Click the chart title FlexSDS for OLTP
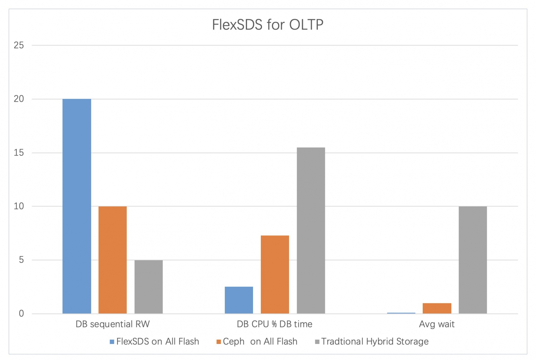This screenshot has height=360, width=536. [x=268, y=25]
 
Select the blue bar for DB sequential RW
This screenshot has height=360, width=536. [x=77, y=206]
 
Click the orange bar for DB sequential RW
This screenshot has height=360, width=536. [x=113, y=260]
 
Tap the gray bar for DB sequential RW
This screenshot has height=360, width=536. [x=149, y=287]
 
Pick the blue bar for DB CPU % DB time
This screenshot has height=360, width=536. [x=239, y=300]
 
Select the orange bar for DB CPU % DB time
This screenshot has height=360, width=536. [x=275, y=274]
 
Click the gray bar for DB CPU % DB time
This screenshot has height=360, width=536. [x=311, y=230]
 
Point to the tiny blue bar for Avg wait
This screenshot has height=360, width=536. [x=401, y=313]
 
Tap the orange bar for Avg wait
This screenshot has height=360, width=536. [x=437, y=308]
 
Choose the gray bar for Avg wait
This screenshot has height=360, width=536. [x=473, y=260]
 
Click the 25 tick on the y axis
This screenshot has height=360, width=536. [x=19, y=45]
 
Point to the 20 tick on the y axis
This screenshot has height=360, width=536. [x=19, y=99]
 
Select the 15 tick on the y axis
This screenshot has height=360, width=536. [x=19, y=153]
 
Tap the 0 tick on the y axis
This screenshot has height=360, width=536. [x=21, y=314]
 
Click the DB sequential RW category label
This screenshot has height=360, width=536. [x=113, y=324]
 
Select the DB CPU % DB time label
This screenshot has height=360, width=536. [x=274, y=324]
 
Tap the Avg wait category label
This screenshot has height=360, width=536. [x=437, y=324]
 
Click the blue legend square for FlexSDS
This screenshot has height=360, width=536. [x=112, y=342]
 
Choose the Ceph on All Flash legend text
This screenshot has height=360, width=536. [x=260, y=342]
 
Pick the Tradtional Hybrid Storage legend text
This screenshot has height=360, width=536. [x=375, y=342]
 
